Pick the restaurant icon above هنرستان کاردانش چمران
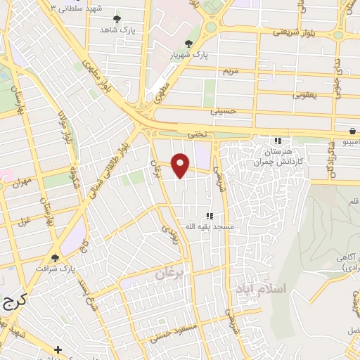click(x=278, y=141)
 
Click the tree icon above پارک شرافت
click(x=56, y=258)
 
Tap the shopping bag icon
click(x=351, y=131)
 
